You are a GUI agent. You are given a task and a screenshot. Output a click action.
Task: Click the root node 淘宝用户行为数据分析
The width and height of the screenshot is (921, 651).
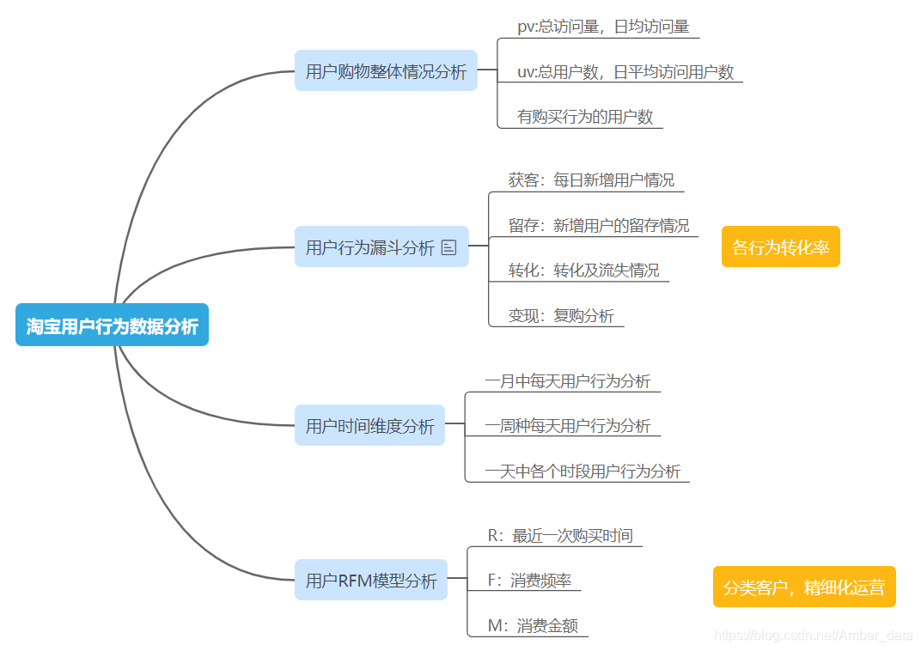coord(112,325)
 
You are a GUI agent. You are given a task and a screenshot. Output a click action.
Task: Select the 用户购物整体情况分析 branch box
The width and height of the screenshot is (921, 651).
coord(386,71)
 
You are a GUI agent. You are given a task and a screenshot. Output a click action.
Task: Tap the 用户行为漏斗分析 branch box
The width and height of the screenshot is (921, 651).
coord(370,247)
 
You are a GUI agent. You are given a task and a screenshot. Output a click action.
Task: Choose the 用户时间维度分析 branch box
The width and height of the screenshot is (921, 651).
coord(369,426)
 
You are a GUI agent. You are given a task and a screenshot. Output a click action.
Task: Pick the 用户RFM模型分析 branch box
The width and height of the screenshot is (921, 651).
coord(371,581)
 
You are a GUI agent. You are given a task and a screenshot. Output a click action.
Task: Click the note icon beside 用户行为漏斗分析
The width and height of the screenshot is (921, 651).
coord(449,247)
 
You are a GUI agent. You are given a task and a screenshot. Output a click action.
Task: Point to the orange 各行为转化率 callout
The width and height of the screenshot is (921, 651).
coord(780,247)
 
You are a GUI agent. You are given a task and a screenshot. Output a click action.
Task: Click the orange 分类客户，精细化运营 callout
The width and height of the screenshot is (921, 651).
coord(804,587)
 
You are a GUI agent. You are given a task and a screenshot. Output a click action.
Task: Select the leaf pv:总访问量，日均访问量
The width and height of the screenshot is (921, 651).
coord(603,27)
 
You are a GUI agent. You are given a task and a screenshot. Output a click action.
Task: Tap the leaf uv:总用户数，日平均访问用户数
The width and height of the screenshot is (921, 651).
coord(625,72)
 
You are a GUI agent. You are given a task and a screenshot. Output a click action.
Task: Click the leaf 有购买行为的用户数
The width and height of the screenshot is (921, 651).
coord(585,117)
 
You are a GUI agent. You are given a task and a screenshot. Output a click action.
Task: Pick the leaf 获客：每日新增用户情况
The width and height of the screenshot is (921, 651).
coord(591,180)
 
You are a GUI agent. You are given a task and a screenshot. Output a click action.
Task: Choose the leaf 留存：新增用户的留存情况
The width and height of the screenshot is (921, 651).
coord(599,225)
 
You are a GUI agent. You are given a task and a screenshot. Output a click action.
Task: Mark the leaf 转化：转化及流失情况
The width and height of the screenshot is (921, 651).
coord(584,271)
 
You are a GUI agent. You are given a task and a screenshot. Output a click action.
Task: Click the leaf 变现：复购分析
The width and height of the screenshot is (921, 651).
coord(561,315)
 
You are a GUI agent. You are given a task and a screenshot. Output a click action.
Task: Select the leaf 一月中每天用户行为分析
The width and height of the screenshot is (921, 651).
coord(568,380)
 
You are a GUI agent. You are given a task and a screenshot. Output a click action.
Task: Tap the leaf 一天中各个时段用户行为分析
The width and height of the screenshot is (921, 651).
coord(582,471)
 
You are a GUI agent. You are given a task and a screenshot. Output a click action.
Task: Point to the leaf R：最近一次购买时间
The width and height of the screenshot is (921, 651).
coord(560,535)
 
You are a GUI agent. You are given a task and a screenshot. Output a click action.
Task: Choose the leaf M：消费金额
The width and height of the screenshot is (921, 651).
coord(533,625)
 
